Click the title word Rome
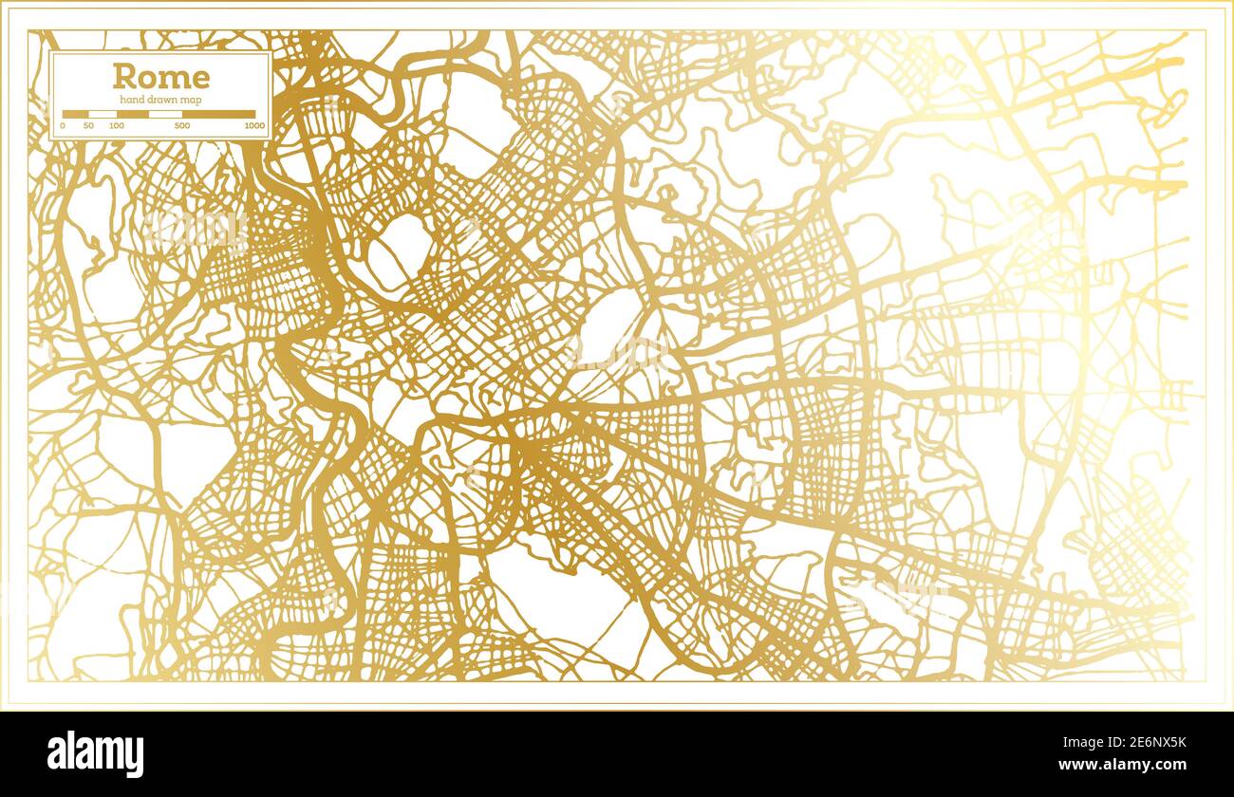click(161, 77)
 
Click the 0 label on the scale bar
click(63, 125)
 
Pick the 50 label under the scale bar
click(88, 125)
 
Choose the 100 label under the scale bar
click(116, 125)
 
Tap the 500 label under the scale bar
click(182, 125)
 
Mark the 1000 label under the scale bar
click(253, 125)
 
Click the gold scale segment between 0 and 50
click(75, 114)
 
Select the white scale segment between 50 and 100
click(102, 114)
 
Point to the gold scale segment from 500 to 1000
click(218, 114)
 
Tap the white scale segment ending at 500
click(165, 114)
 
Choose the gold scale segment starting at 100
click(132, 114)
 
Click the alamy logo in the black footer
click(95, 754)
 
